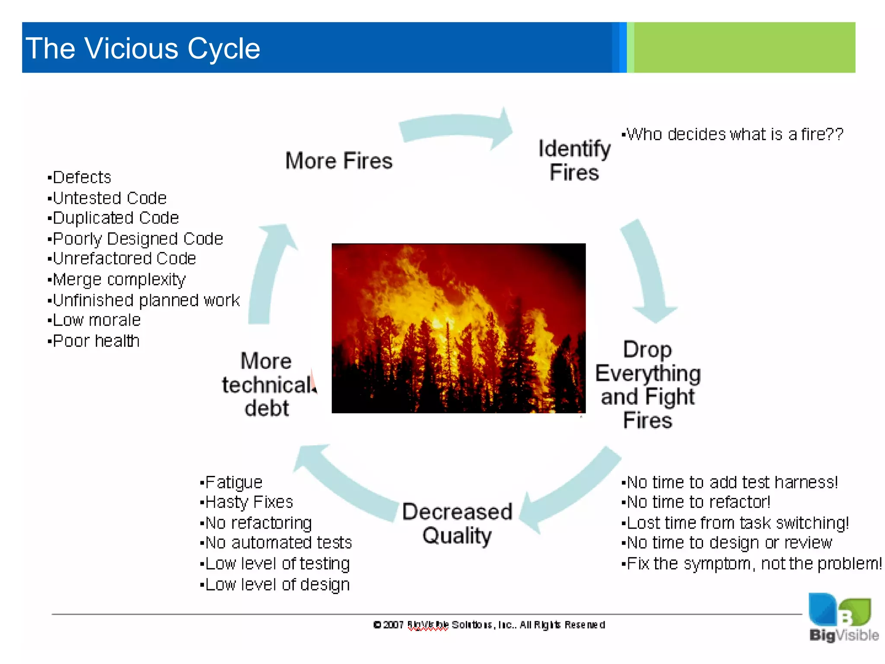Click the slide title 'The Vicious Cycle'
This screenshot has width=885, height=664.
pyautogui.click(x=143, y=48)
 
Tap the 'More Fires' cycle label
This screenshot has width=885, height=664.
pyautogui.click(x=339, y=161)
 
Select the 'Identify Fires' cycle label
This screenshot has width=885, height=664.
pyautogui.click(x=574, y=160)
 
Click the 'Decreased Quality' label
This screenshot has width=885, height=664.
pyautogui.click(x=457, y=524)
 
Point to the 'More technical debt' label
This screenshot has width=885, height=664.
pyautogui.click(x=267, y=384)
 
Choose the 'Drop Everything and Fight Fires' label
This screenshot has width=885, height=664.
pyautogui.click(x=647, y=384)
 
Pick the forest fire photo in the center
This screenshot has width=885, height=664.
pyautogui.click(x=458, y=328)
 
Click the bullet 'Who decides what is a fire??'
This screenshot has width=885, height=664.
pyautogui.click(x=733, y=134)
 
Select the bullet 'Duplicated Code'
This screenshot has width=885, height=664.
pyautogui.click(x=114, y=218)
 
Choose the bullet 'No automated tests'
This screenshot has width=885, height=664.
pyautogui.click(x=277, y=543)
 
